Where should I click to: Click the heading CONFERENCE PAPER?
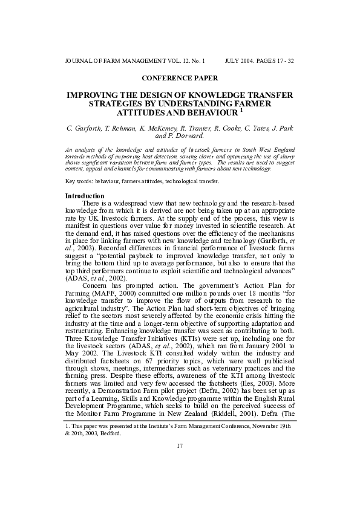click(180, 78)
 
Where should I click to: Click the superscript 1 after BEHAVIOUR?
click(241, 111)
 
